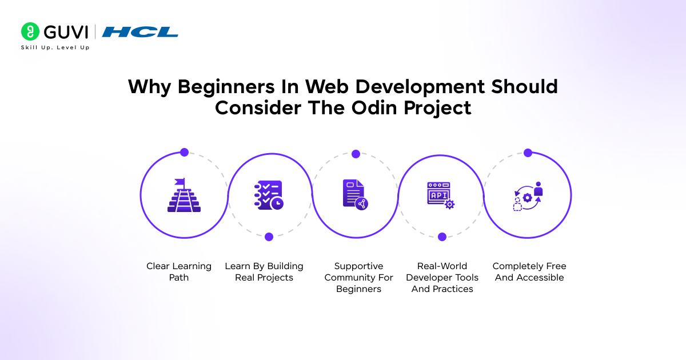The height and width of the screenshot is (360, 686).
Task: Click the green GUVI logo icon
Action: (x=30, y=31)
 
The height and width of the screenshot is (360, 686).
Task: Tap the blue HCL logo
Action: (x=140, y=32)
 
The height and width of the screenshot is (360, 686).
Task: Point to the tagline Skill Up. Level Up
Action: (x=55, y=47)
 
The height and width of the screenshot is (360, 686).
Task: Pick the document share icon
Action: (x=356, y=195)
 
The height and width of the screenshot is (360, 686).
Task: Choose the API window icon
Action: (x=441, y=195)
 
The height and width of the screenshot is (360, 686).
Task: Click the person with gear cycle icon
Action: (x=527, y=196)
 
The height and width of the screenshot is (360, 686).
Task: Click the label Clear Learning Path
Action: (x=179, y=272)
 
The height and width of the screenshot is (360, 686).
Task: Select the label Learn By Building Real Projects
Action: (x=264, y=272)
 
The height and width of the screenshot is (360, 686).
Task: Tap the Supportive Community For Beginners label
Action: (x=359, y=278)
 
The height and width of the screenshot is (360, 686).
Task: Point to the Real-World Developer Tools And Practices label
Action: (x=442, y=278)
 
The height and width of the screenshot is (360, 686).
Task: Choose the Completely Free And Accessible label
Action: (x=529, y=272)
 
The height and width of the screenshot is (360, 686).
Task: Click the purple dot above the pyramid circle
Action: (x=184, y=153)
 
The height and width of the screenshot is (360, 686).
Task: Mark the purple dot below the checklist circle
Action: (x=269, y=237)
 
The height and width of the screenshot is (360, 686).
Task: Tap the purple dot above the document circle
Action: (x=356, y=154)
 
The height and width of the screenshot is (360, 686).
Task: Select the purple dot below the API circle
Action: (x=442, y=237)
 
